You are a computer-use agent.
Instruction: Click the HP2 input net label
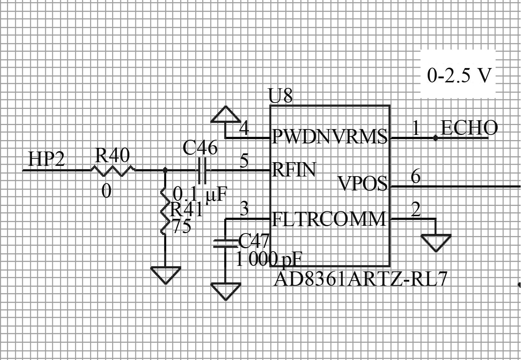point(46,159)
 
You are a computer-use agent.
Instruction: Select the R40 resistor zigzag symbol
point(113,170)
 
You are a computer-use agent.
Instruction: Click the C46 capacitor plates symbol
point(202,170)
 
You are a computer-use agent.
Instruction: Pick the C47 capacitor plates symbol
point(225,243)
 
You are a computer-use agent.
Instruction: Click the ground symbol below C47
point(225,291)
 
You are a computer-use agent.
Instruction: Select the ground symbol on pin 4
point(225,115)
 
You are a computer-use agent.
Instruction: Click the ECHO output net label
point(469,128)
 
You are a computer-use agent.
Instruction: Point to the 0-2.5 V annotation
point(459,75)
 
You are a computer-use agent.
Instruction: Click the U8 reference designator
point(281,96)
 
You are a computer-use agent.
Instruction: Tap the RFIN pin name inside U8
point(294,170)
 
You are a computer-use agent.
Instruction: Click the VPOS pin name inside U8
point(363,183)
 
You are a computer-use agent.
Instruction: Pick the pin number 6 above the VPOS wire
point(415,177)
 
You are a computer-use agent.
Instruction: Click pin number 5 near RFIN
point(244,161)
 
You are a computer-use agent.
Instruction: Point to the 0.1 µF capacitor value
point(200,194)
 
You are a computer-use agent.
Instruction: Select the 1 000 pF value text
point(268,260)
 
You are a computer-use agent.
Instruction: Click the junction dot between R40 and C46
point(165,170)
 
